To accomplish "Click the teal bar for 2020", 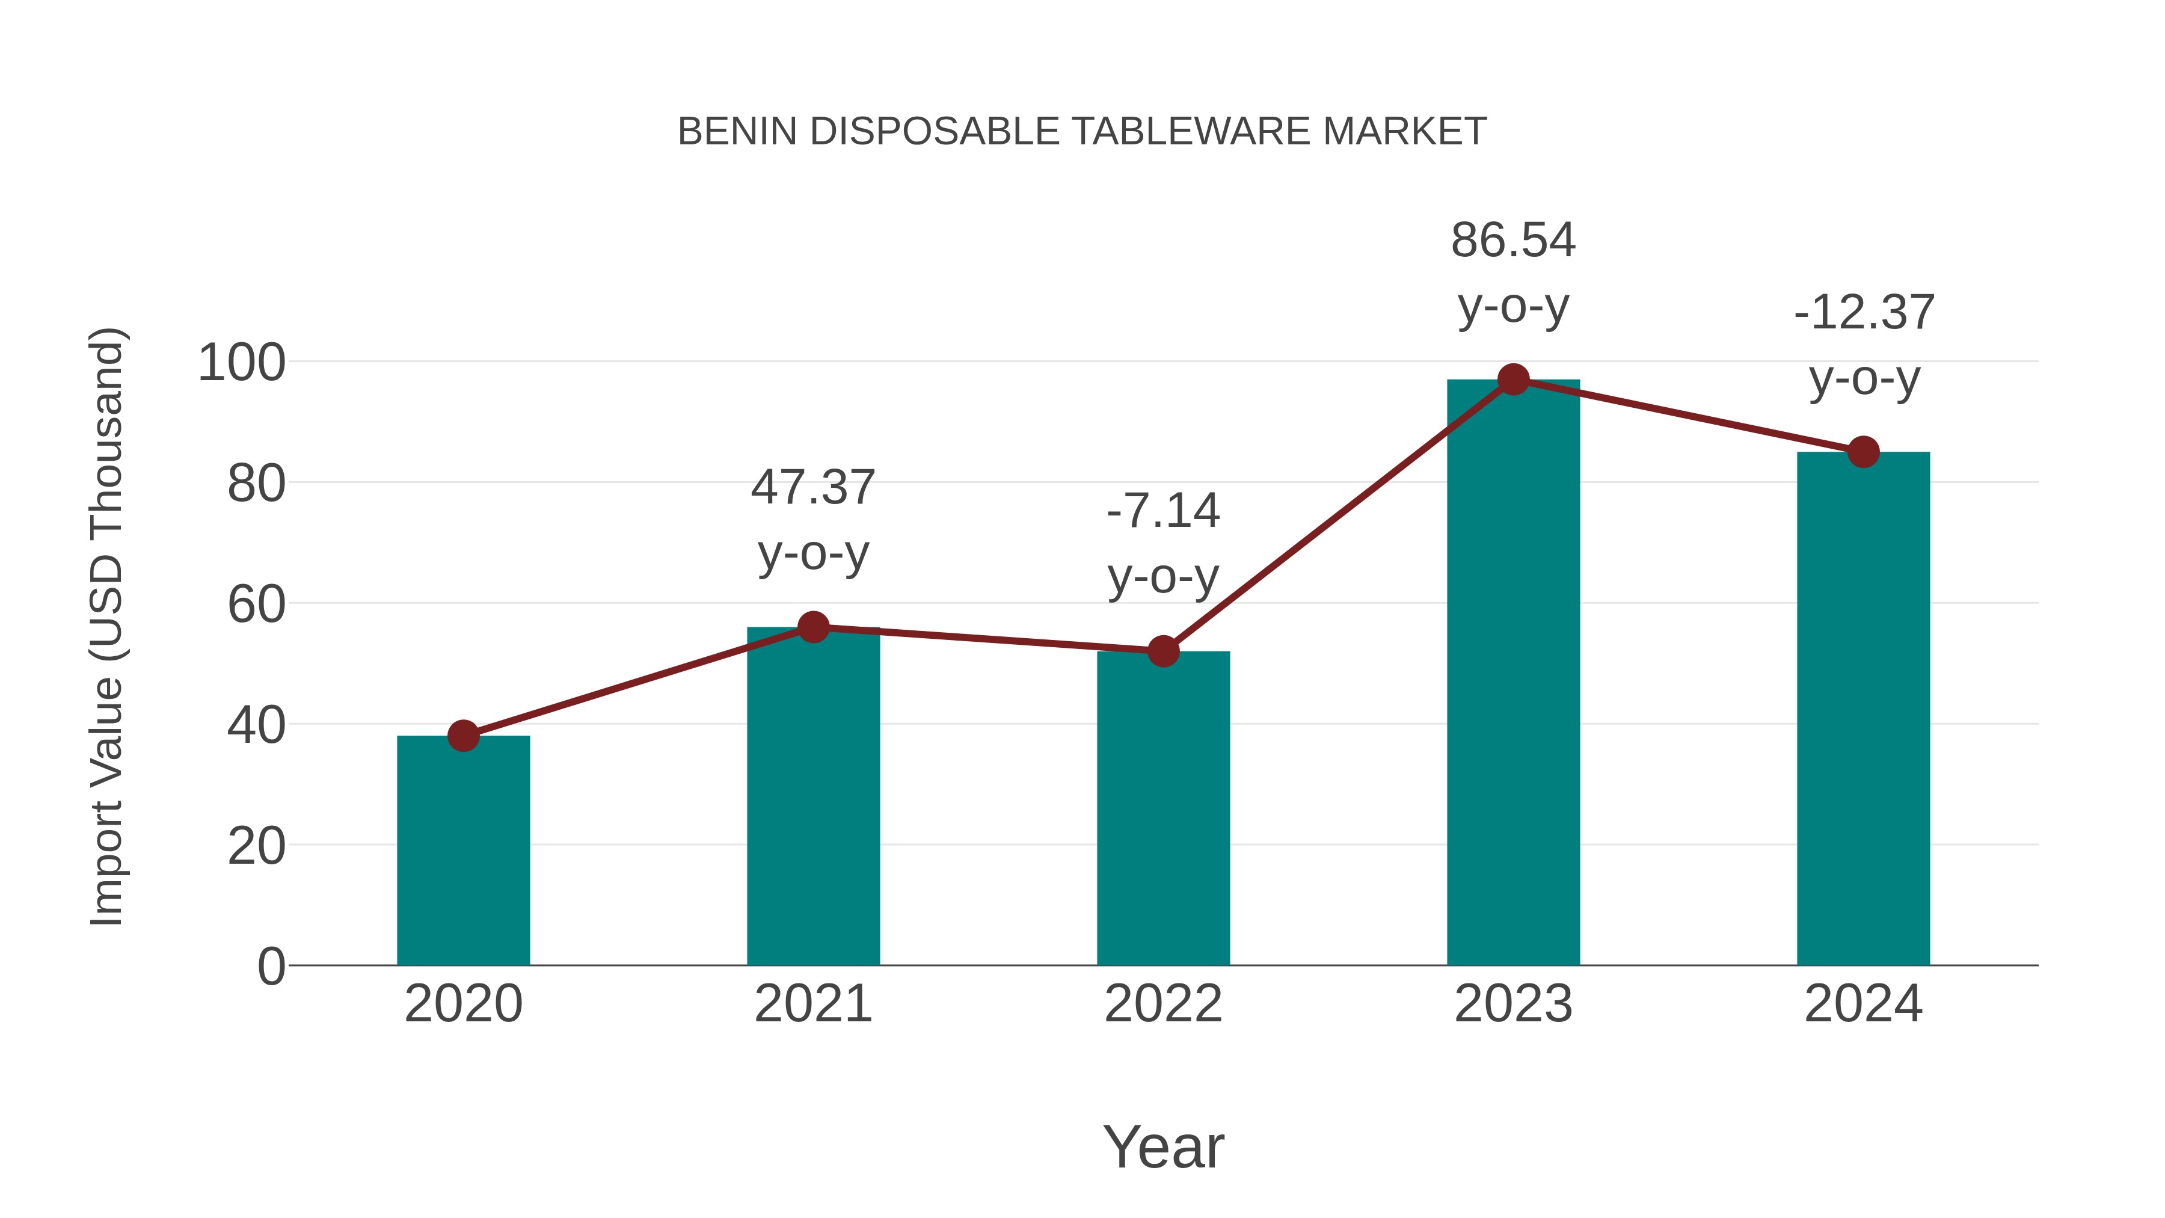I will (x=463, y=850).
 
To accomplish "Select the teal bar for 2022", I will (x=1163, y=808).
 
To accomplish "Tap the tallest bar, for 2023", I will (x=1513, y=672).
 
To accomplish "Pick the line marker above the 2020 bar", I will (x=463, y=736).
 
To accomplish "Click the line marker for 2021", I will (x=812, y=627).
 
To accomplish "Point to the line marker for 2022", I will (x=1163, y=651).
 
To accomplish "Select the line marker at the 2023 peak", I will (x=1513, y=380).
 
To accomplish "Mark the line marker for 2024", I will (x=1863, y=452).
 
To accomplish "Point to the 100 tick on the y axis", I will (x=241, y=363).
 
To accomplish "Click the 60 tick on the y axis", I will (x=256, y=604).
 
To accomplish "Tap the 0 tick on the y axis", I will (x=271, y=967).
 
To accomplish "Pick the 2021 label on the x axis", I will (x=812, y=1004).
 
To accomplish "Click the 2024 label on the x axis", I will (x=1863, y=1004).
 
